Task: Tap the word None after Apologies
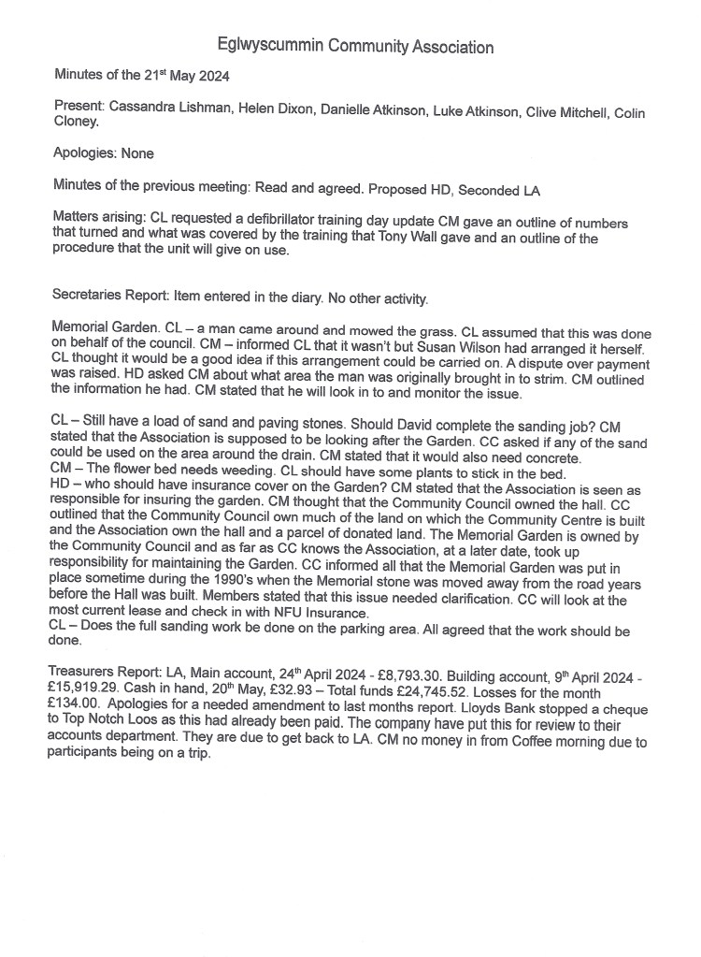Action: tap(136, 153)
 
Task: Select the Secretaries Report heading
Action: tap(107, 299)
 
